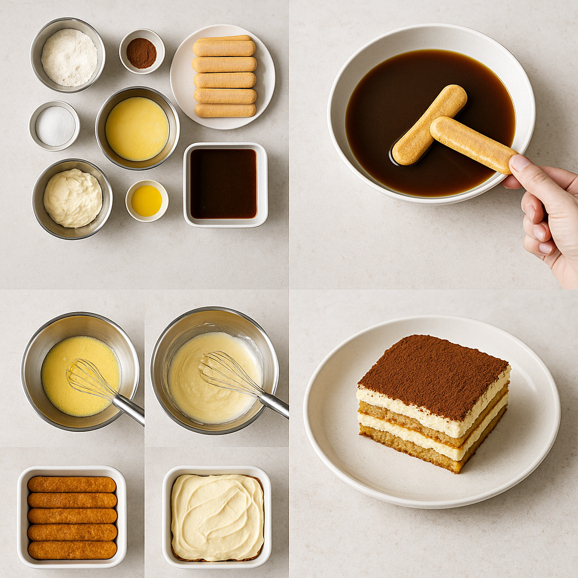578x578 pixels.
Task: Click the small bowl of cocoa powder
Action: coord(141,52)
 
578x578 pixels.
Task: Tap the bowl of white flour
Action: coord(69,57)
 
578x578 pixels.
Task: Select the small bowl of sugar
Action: coord(55,126)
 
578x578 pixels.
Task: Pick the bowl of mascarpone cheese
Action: coord(72,198)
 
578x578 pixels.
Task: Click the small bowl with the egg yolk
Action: coord(147,200)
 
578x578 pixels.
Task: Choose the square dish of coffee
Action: coord(224,183)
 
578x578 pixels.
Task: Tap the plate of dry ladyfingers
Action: coord(224,77)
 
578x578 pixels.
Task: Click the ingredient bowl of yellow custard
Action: coord(137,128)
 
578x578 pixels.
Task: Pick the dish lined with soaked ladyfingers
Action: coord(72,516)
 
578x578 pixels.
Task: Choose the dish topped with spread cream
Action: coord(217,516)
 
